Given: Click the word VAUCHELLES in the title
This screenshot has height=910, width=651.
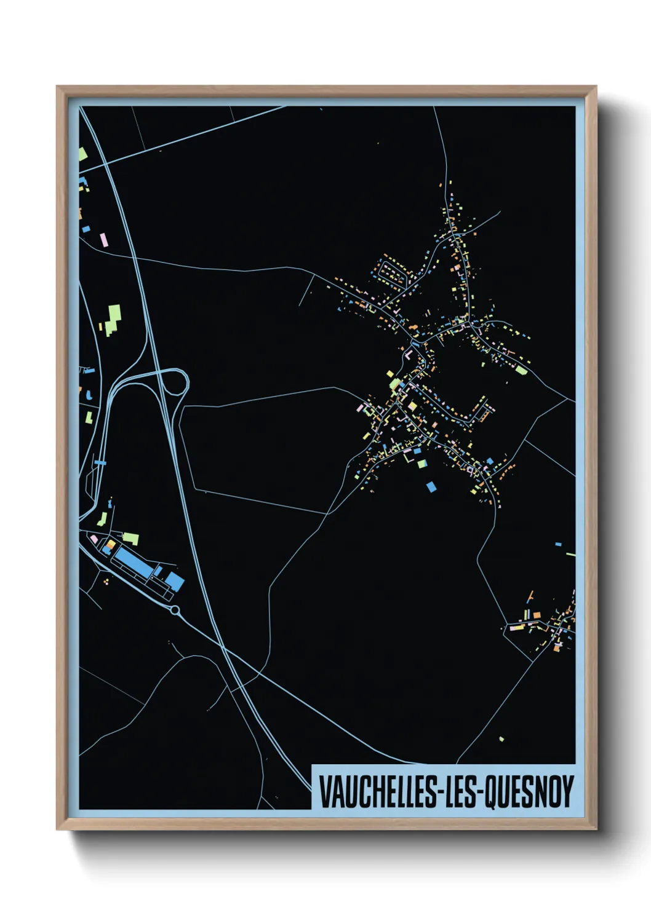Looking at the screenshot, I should click(x=377, y=792).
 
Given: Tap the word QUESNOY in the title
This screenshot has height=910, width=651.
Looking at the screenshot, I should click(x=530, y=792).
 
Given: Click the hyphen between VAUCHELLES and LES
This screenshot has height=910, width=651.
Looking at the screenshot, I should click(x=439, y=793).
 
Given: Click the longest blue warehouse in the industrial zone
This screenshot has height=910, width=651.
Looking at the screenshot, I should click(x=134, y=561).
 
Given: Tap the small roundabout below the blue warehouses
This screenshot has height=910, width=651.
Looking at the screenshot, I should click(x=175, y=610).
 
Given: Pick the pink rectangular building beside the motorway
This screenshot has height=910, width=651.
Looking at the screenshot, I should click(x=104, y=239).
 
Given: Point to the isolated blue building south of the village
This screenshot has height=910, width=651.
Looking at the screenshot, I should click(x=431, y=487).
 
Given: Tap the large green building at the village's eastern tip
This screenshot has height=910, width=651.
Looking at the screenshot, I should click(x=521, y=370).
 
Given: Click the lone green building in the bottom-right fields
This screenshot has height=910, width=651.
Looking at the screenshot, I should click(x=501, y=738).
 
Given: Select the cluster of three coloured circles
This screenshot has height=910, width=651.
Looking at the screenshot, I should click(x=107, y=579).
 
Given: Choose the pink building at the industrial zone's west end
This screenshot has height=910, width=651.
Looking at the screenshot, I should click(x=94, y=539).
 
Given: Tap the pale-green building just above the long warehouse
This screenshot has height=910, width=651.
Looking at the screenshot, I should click(x=131, y=539).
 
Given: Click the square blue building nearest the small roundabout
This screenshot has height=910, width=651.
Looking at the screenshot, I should click(x=175, y=581).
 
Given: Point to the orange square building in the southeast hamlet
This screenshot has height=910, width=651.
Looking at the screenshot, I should click(x=536, y=615).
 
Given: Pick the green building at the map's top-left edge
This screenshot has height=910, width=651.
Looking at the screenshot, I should click(x=82, y=154).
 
